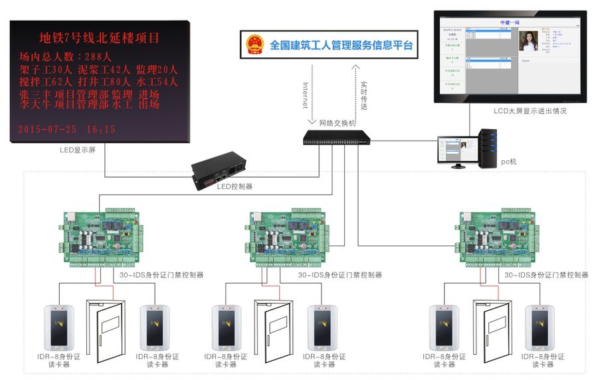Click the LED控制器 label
(235, 187)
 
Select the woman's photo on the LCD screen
(528, 43)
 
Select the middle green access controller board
(290, 240)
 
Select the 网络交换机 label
(337, 123)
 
